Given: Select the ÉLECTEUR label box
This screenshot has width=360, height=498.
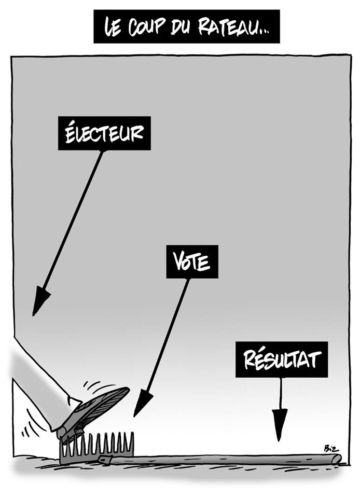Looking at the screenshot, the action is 104,133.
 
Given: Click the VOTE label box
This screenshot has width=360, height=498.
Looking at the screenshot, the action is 192,261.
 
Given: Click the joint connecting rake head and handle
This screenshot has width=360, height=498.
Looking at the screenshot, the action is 106,460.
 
